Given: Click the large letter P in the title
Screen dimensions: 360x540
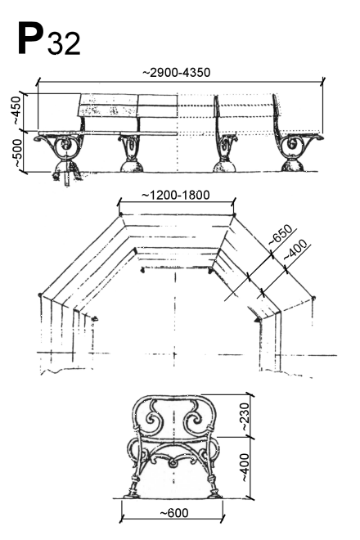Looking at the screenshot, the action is pos(30,38).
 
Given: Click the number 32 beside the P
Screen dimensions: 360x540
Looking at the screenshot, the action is pos(64,43).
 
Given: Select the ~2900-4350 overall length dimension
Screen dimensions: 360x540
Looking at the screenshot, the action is pos(176,73).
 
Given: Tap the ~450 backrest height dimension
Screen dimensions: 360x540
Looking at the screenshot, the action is pos(16,110).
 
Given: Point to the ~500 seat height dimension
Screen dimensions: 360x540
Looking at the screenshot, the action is pos(16,154).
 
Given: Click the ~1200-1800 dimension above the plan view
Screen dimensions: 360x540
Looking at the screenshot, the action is pos(176,196).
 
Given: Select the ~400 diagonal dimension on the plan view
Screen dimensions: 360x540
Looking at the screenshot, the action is pos(295,250).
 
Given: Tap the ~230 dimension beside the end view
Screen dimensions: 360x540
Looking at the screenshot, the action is pos(245,416).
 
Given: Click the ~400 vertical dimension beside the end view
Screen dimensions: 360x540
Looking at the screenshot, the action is pos(245,467).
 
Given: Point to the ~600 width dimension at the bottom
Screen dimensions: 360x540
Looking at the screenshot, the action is pos(174,513).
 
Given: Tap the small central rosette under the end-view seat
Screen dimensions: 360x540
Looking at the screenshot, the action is pos(173,463).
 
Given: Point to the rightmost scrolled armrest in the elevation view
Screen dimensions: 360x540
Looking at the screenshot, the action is pos(314,137).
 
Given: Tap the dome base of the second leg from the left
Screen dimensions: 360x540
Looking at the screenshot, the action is pos(131,165).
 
